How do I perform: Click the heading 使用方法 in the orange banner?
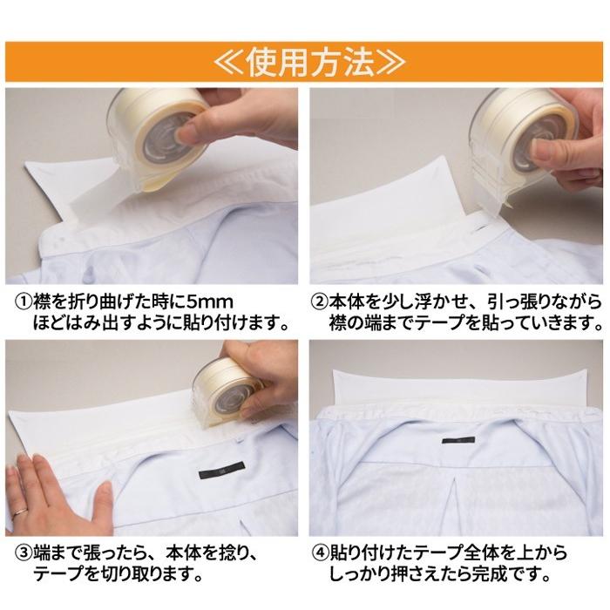[309, 62]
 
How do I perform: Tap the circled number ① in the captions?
[24, 302]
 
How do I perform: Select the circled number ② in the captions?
[320, 302]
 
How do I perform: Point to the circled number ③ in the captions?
[24, 553]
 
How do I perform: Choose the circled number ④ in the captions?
[320, 553]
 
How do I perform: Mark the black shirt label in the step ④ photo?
[458, 440]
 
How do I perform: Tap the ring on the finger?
[20, 512]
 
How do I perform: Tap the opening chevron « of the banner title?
[229, 62]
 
